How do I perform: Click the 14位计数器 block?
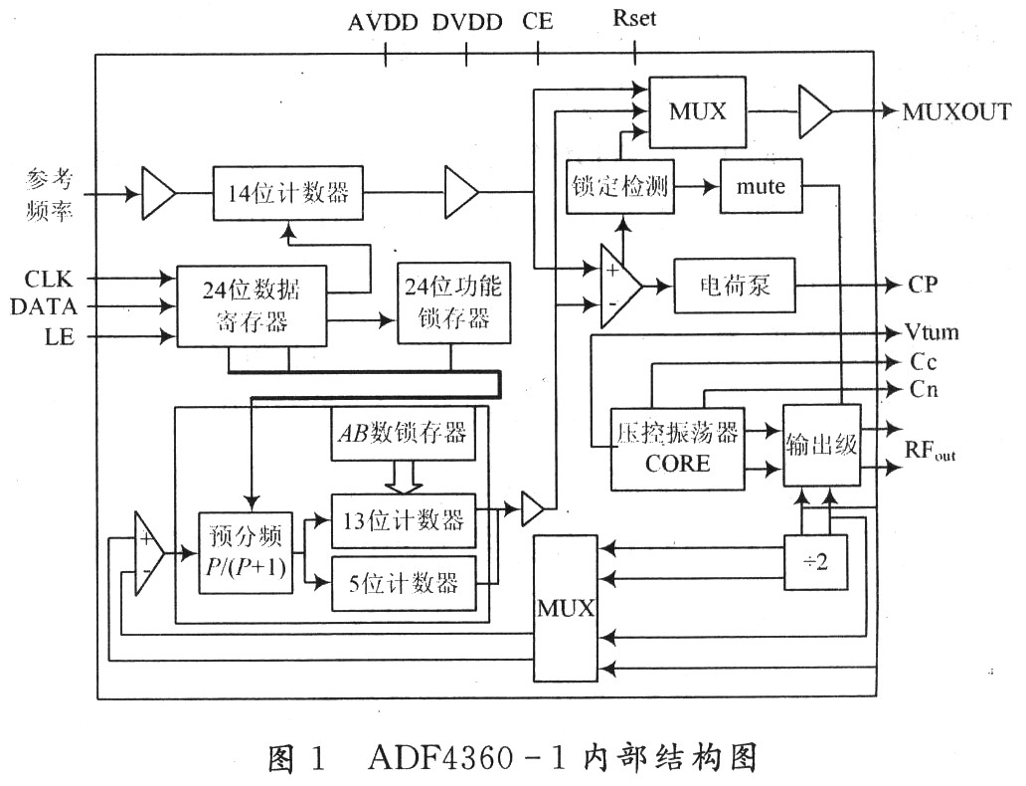tap(283, 192)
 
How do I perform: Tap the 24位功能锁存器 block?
tap(452, 302)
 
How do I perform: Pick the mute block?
tap(762, 185)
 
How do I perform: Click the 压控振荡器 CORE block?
tap(677, 448)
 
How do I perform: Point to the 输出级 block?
tap(820, 445)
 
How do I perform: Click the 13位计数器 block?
tap(403, 519)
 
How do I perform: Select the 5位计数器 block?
tap(403, 582)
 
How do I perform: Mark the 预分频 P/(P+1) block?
tap(247, 553)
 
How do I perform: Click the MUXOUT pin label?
tap(956, 110)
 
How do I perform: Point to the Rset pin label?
tap(635, 19)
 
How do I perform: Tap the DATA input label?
tap(44, 306)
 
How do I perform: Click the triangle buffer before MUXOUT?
tap(815, 110)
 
